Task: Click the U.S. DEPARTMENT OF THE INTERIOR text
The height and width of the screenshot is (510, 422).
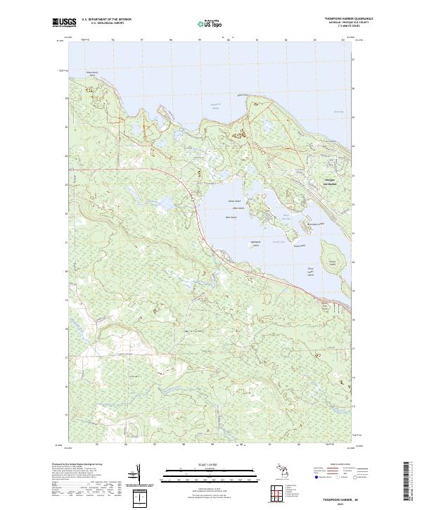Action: coord(107,18)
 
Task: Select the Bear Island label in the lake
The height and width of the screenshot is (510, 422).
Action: coord(231,217)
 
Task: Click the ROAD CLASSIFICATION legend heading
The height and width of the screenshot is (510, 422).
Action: coord(339,464)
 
